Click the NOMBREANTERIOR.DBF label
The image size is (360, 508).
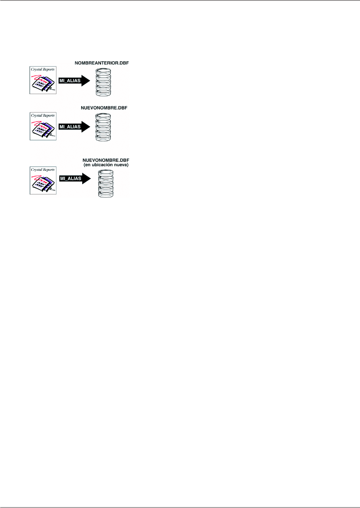(102, 63)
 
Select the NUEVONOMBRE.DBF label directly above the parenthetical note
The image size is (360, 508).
(106, 160)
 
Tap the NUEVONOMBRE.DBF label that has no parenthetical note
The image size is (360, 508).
(104, 108)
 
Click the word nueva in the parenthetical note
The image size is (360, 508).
(121, 165)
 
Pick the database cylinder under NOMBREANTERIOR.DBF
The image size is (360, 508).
(103, 82)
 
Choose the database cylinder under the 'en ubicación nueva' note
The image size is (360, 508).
(106, 184)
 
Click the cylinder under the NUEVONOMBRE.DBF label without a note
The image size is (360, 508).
(103, 127)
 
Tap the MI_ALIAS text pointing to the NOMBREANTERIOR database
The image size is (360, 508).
(70, 81)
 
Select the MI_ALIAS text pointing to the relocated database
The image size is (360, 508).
(70, 179)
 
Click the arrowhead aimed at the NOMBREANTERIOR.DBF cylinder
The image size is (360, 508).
(86, 81)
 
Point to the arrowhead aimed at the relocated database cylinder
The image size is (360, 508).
(86, 179)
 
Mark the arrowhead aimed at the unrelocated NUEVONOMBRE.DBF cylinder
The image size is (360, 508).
(86, 127)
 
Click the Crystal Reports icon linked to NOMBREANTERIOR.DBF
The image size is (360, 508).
(43, 80)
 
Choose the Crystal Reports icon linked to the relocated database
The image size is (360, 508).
(43, 180)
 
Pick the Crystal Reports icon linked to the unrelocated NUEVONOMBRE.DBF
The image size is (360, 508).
(43, 127)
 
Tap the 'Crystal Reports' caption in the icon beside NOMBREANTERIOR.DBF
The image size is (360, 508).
(43, 69)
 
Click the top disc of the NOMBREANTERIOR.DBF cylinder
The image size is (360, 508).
(103, 71)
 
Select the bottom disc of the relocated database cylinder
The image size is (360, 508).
(106, 194)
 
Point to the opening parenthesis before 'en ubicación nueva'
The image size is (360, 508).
(84, 165)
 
